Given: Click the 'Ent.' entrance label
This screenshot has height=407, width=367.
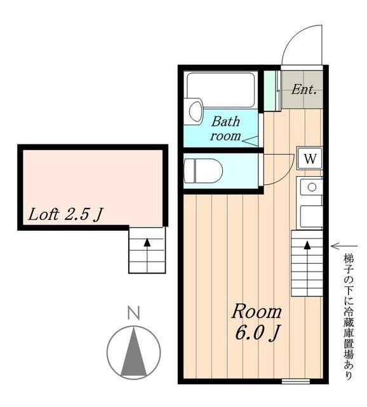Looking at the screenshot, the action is [x=304, y=90].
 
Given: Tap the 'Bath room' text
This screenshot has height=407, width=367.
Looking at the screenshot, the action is [x=225, y=128].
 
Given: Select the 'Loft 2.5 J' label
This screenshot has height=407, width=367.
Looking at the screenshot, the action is [x=65, y=215].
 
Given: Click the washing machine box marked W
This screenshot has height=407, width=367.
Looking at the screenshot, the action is [x=310, y=158].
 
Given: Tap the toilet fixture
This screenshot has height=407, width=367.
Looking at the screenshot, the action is [x=203, y=171].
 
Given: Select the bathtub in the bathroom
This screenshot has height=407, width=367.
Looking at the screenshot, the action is [x=220, y=90].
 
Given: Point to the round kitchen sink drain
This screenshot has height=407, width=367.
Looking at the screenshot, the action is [x=312, y=186].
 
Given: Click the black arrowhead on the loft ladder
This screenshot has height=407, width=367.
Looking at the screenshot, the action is [x=147, y=242].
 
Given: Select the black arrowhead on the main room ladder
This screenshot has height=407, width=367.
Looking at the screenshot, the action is [x=307, y=245].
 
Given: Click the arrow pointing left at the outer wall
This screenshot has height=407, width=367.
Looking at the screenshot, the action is [x=344, y=246].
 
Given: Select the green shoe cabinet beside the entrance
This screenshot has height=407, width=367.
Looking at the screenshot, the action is [x=270, y=90].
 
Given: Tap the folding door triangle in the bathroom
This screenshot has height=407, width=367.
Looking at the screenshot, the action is [x=250, y=141].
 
